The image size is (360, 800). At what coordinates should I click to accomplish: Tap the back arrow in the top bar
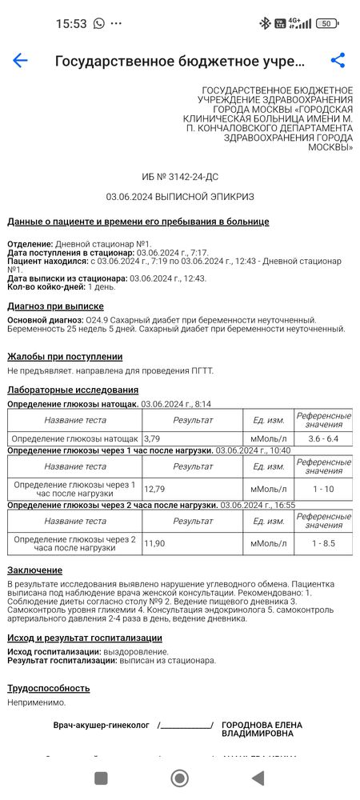pos(20,61)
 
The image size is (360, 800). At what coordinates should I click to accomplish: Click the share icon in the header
pos(338,61)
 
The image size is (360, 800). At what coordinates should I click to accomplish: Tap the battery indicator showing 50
pos(326,23)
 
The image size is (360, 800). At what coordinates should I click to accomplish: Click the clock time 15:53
pos(71,23)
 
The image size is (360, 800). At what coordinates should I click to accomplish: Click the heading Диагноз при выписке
pos(55,306)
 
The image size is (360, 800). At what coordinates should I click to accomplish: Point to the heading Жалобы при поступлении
pos(65,357)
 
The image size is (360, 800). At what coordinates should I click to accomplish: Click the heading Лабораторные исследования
pos(73,390)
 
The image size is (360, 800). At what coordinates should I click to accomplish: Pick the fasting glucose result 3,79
pos(154,438)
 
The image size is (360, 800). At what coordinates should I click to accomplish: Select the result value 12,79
pos(155,489)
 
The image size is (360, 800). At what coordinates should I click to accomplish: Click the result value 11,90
pos(155,543)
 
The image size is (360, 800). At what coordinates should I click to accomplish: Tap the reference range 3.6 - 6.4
pos(323,438)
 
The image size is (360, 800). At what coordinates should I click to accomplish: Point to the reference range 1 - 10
pos(323,489)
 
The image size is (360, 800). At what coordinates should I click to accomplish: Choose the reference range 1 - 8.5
pos(323,543)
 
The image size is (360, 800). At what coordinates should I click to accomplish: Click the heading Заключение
pos(34,570)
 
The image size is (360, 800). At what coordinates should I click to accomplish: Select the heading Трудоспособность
pos(48,688)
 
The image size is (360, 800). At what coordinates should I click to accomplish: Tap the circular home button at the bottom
pos(180,778)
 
